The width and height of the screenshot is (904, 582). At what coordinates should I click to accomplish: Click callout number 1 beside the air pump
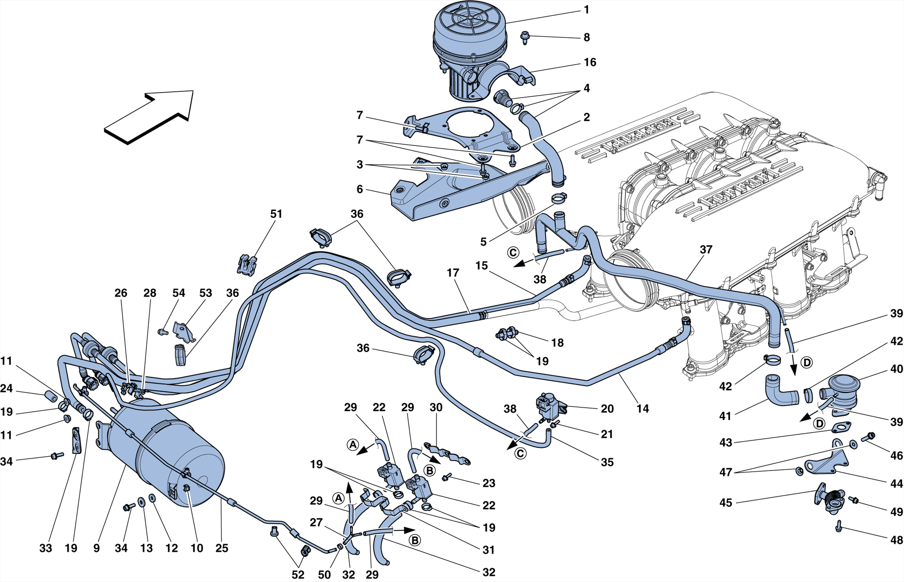pos(586,10)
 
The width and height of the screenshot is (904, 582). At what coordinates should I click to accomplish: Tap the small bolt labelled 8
pos(525,37)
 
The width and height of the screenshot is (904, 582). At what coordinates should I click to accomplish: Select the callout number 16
pos(590,62)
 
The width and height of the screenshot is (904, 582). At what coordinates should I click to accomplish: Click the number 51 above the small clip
pos(276,214)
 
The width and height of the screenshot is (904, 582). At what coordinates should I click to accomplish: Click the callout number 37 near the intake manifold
pos(706,250)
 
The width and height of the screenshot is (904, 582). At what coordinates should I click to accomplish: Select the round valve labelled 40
pos(843,390)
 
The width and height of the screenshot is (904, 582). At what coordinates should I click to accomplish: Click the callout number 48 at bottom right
pos(896,540)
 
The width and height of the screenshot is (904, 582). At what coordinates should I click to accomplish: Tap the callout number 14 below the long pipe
pos(643,409)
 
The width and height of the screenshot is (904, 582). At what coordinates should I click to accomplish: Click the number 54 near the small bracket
pos(179,293)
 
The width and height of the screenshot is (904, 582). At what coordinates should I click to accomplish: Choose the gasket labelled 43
pos(841,427)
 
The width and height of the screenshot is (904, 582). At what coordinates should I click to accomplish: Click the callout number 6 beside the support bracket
pos(360,189)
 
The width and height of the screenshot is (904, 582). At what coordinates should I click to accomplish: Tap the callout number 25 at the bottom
pos(222,548)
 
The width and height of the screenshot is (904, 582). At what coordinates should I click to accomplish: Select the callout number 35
pos(607,462)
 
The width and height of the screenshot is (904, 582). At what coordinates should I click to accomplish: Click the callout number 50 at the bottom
pos(324,574)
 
